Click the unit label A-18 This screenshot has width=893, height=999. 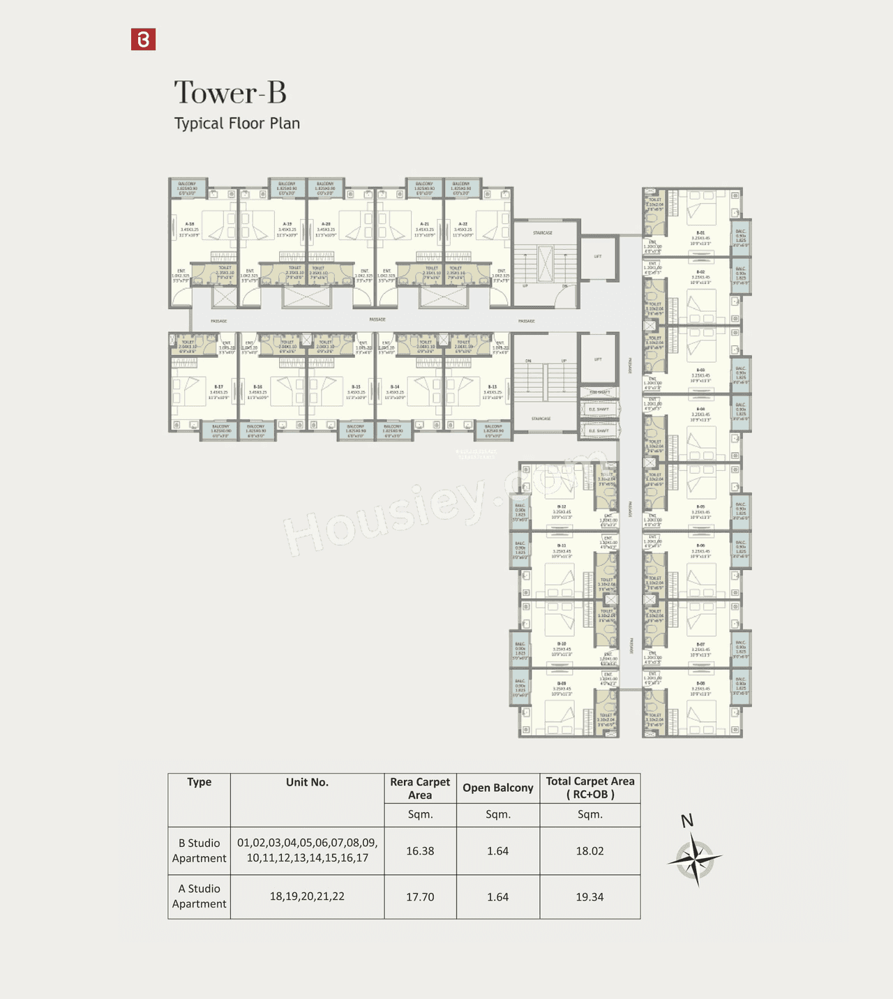click(190, 224)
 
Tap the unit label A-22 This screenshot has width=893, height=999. click(463, 224)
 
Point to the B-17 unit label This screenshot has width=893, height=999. click(219, 386)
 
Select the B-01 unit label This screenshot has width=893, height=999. click(700, 233)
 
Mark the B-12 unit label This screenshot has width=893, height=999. click(561, 507)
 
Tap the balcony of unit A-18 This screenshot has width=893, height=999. click(187, 187)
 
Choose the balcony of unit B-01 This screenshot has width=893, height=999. click(741, 238)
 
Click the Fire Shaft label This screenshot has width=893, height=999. click(599, 393)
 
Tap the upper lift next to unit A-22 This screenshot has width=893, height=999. click(598, 258)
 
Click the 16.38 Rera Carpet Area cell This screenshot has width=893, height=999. click(420, 851)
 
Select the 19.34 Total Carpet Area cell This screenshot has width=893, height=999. click(590, 897)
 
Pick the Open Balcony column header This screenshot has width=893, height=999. click(497, 788)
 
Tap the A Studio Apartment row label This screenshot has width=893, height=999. click(199, 896)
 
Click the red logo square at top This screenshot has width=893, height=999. click(143, 40)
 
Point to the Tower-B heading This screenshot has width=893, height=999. click(230, 93)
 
